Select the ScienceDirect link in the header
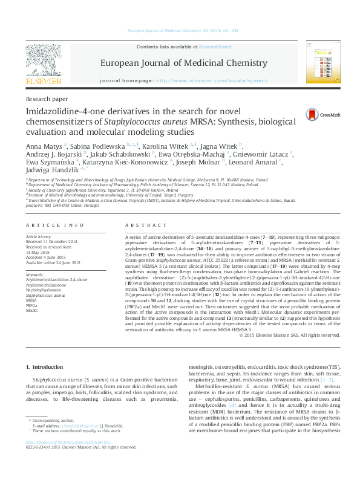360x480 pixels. point(216,47)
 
